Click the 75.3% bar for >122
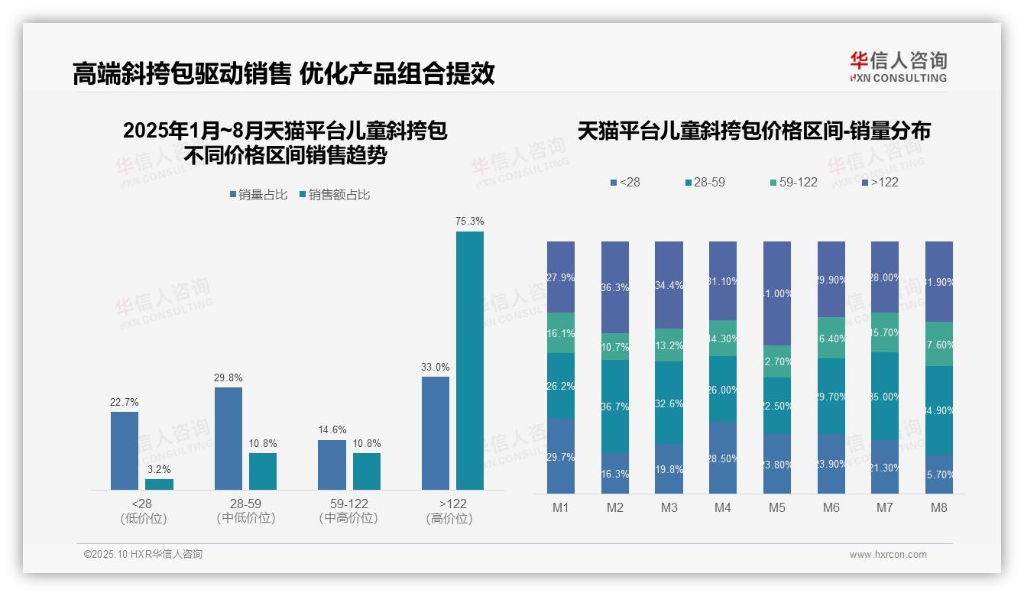click(469, 360)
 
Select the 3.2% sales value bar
click(159, 484)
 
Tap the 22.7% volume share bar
click(125, 451)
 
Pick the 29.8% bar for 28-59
click(228, 438)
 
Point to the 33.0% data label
click(435, 367)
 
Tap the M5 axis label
click(776, 507)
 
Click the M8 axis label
click(938, 507)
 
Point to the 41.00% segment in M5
click(777, 293)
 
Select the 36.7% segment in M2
click(614, 407)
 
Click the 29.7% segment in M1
click(561, 456)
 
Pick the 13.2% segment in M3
click(669, 345)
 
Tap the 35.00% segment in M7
click(885, 397)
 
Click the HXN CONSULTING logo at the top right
click(898, 67)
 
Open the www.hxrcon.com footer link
click(888, 555)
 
